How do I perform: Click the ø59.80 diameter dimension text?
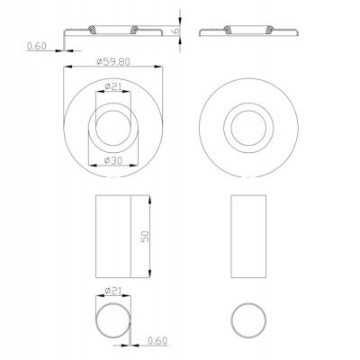(x=113, y=62)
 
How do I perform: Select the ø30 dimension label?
(x=113, y=160)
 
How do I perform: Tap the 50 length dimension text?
(x=145, y=237)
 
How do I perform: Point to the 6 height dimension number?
(x=176, y=30)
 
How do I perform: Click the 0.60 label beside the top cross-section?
(x=37, y=46)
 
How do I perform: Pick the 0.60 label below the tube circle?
(x=157, y=341)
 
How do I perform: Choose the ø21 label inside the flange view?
(x=113, y=87)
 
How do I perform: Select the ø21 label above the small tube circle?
(x=113, y=291)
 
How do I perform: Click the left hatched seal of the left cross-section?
(x=92, y=30)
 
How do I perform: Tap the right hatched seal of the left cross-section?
(x=134, y=30)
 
